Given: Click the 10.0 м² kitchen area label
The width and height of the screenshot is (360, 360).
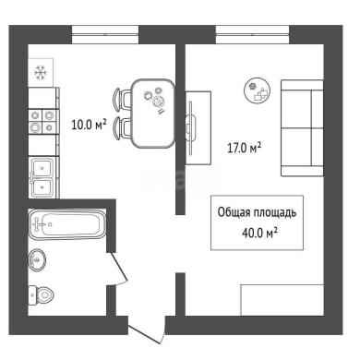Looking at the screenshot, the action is point(89,125).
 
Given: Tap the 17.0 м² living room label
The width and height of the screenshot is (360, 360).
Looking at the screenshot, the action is point(245,148).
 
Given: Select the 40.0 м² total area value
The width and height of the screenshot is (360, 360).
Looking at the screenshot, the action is point(259,233).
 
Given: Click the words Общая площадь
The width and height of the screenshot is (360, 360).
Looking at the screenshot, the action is point(257,212).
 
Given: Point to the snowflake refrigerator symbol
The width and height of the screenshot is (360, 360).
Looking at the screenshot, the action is point(41,73).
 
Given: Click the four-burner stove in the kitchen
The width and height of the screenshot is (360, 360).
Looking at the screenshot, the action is point(42,121).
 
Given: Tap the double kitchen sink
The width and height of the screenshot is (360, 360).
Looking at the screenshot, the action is point(42,177).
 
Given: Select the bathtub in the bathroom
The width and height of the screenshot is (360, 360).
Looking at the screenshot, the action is point(67,224).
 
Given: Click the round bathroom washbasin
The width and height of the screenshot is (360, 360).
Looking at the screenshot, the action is point(37,260).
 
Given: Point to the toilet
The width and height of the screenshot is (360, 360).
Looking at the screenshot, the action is point(41,295).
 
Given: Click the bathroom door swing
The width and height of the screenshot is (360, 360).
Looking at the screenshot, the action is point(118,269).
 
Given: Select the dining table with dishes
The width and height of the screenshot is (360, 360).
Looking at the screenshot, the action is point(153,114).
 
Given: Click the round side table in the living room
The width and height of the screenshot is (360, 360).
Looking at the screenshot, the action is point(258,90).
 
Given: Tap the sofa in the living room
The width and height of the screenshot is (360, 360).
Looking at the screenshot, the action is point(302,128).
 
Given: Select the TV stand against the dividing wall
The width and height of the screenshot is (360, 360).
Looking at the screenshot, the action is point(198,127).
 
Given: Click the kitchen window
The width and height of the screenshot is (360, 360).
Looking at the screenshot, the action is point(105,34).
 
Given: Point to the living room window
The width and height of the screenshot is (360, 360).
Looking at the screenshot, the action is point(252,34).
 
